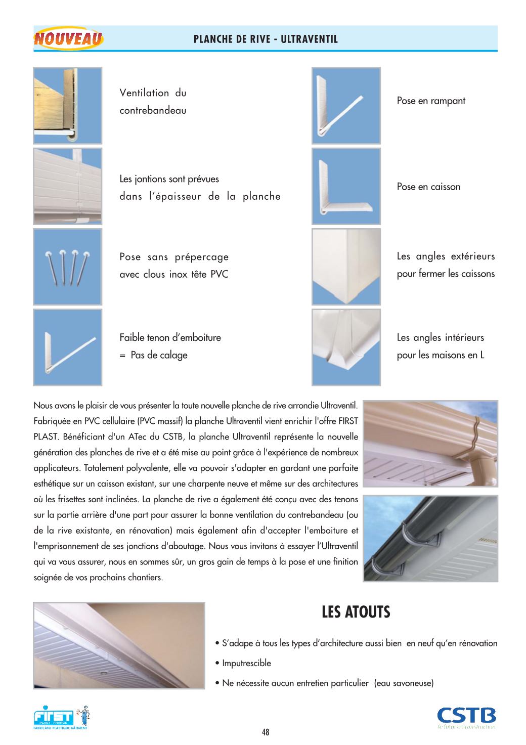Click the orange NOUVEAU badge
[x=69, y=39]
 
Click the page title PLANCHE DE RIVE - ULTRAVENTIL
[x=266, y=39]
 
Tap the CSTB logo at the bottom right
[x=466, y=716]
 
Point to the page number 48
[x=266, y=732]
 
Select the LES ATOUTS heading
[x=356, y=612]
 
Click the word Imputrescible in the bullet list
[x=246, y=663]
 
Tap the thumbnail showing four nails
[x=68, y=267]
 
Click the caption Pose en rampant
[x=431, y=101]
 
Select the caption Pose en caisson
[x=428, y=187]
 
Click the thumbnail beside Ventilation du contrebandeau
[x=68, y=106]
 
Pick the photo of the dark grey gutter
[x=430, y=538]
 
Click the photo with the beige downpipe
[x=430, y=444]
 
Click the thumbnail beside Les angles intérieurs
[x=346, y=347]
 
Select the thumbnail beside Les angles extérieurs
[x=346, y=267]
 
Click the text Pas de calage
[x=159, y=355]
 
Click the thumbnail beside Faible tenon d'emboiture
[x=68, y=347]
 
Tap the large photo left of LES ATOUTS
[x=119, y=645]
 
